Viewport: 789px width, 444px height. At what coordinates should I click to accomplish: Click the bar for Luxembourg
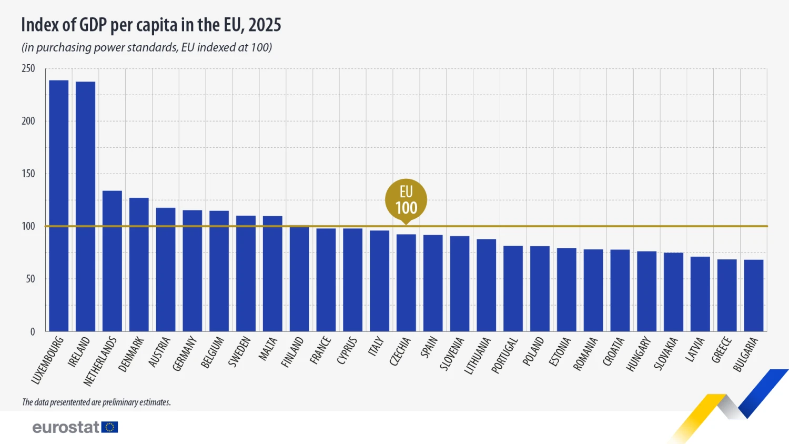click(58, 205)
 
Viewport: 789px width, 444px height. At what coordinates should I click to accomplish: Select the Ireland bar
click(85, 206)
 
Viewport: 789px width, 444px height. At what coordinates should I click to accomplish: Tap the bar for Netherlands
click(112, 261)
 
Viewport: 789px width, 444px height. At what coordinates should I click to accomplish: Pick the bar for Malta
click(272, 274)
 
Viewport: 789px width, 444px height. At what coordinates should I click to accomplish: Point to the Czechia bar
click(406, 282)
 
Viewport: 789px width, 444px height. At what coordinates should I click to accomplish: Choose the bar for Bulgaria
click(754, 295)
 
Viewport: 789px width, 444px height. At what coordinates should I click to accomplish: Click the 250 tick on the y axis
click(28, 68)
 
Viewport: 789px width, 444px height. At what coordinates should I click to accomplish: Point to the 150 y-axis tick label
click(28, 174)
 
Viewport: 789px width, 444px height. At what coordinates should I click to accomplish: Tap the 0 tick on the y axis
click(33, 331)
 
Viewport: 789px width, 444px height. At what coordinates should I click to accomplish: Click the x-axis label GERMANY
click(185, 354)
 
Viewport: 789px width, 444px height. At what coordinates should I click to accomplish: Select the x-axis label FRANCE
click(320, 350)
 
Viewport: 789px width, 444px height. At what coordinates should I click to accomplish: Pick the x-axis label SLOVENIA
click(451, 354)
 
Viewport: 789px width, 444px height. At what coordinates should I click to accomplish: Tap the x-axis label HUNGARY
click(639, 354)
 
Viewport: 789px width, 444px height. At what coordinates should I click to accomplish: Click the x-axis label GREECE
click(722, 350)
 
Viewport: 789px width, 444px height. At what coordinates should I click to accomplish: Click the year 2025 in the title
click(265, 25)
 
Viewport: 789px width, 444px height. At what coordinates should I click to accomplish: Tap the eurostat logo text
click(66, 427)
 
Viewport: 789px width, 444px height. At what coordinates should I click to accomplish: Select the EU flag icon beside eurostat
click(110, 427)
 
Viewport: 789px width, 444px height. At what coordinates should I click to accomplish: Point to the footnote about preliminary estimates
click(96, 402)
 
